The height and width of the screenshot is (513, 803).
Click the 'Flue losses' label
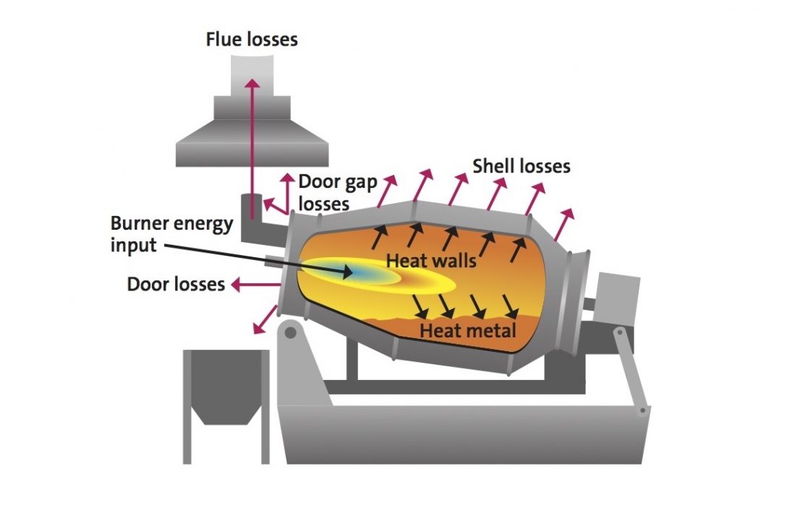(x=251, y=39)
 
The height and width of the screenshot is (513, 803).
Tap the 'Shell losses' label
(x=521, y=166)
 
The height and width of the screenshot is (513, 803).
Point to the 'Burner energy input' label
(x=171, y=233)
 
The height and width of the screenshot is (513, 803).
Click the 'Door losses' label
(x=176, y=284)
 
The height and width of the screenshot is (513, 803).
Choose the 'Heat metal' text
(x=468, y=331)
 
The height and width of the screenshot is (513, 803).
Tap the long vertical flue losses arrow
(x=252, y=145)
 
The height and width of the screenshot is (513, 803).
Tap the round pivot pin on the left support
(x=290, y=333)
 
